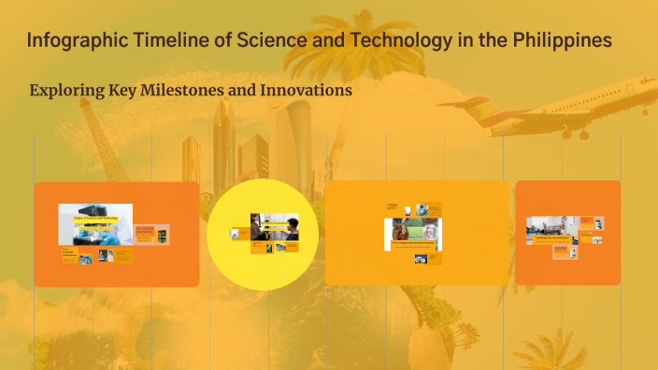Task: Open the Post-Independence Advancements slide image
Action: click(x=413, y=234)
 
